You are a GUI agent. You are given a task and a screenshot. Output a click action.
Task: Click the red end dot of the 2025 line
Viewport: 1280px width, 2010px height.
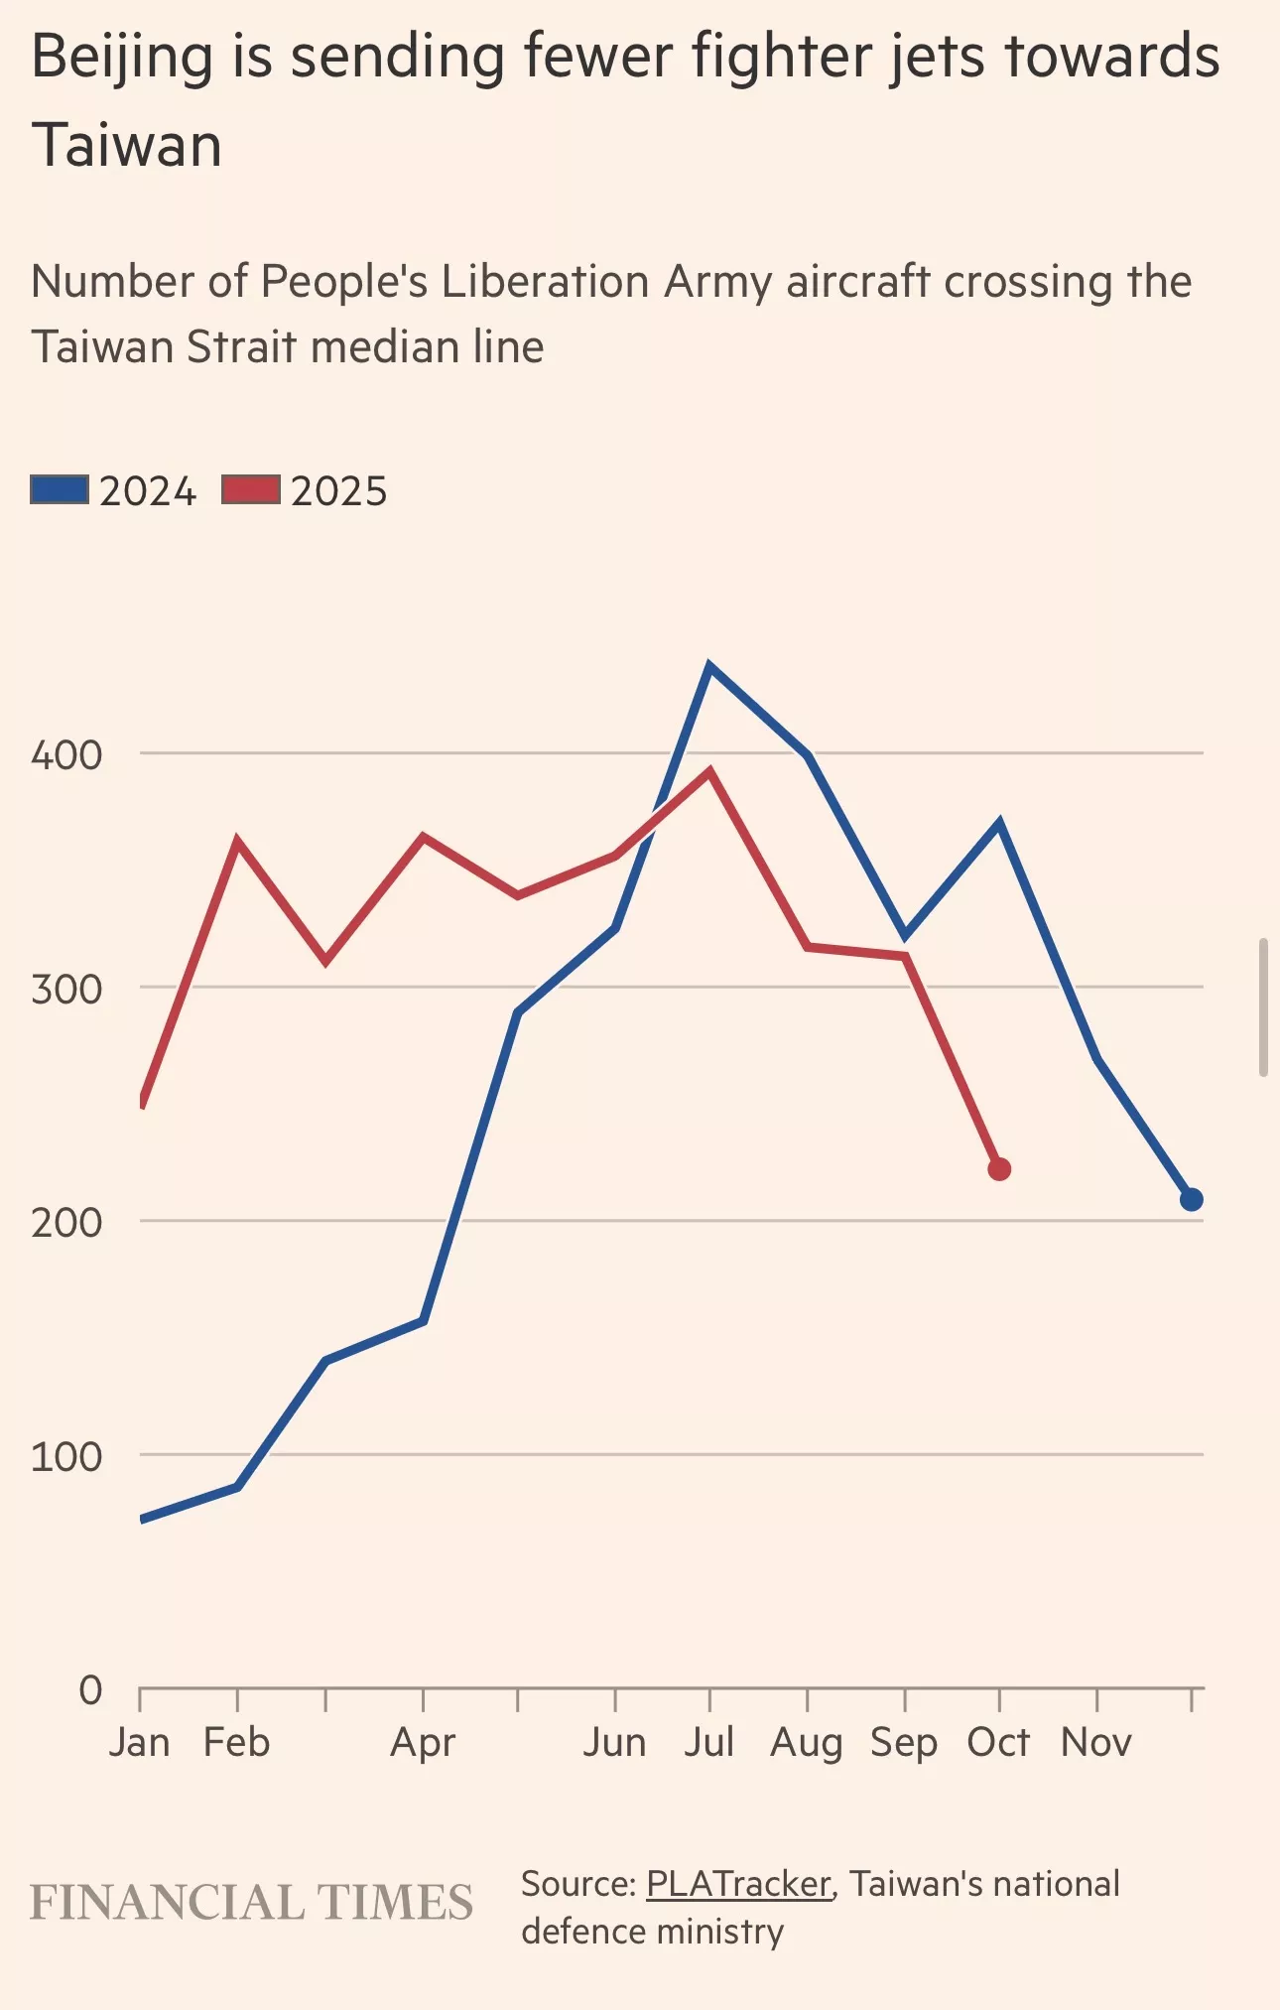[x=999, y=1169]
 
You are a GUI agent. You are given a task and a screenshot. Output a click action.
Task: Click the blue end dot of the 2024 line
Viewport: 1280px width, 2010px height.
[x=1192, y=1200]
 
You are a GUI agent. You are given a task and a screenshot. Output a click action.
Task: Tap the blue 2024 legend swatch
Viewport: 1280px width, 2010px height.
[x=60, y=490]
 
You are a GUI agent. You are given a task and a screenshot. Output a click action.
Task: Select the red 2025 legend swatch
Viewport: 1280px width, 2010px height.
[x=251, y=490]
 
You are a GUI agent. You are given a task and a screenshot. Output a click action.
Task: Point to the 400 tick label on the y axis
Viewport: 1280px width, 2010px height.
[x=66, y=755]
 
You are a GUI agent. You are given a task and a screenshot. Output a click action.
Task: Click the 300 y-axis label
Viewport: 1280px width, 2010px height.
[x=66, y=990]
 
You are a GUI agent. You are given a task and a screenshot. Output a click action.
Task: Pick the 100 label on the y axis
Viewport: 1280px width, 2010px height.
[x=66, y=1457]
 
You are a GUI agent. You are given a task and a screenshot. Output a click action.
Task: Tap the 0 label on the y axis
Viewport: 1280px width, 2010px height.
[x=90, y=1689]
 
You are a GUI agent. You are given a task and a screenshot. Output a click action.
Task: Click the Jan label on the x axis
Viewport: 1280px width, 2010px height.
[x=139, y=1743]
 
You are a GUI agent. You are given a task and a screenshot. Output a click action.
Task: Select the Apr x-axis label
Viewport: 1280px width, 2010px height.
[x=423, y=1743]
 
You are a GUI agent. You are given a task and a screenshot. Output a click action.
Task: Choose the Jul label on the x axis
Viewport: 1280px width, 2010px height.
[x=708, y=1743]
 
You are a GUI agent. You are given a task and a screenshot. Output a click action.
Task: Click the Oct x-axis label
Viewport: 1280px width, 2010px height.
[x=998, y=1743]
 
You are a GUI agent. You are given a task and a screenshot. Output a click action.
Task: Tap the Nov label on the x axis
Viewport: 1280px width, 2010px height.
[x=1095, y=1743]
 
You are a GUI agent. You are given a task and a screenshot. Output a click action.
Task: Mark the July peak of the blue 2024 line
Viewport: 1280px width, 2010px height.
[x=708, y=666]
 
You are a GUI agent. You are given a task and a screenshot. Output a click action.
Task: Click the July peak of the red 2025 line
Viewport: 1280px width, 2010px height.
[x=709, y=771]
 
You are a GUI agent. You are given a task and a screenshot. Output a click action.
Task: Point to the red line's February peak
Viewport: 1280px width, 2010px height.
[x=237, y=843]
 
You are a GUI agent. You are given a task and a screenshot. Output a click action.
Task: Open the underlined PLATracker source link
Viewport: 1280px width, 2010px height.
[x=738, y=1884]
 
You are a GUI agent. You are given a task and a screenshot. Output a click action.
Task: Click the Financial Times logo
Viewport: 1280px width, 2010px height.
[x=251, y=1903]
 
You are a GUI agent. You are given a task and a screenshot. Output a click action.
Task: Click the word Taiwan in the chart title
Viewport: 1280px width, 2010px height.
[x=126, y=146]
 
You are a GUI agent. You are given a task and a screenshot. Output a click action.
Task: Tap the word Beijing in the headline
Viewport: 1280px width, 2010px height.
[x=122, y=58]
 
